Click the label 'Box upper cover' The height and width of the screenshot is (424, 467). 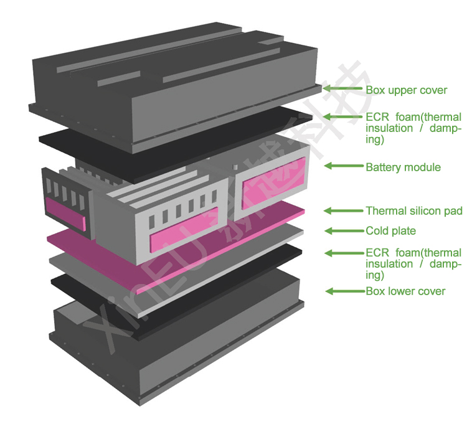[406, 90]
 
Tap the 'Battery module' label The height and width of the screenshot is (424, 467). [403, 167]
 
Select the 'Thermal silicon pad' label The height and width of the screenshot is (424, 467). [413, 211]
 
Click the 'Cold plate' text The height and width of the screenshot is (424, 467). [390, 231]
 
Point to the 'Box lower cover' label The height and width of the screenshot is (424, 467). [405, 291]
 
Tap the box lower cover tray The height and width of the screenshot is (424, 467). [181, 355]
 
